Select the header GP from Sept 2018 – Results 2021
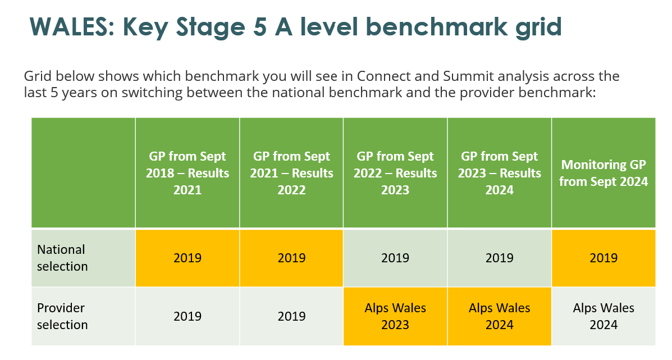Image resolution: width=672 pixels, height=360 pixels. (188, 173)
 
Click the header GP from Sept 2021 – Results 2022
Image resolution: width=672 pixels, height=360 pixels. (291, 173)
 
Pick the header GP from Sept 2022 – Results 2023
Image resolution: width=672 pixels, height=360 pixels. (395, 173)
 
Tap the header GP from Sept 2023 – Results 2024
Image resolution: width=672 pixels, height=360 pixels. (499, 173)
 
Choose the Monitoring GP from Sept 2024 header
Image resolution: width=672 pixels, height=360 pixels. (604, 173)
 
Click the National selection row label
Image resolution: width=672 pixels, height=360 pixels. (62, 258)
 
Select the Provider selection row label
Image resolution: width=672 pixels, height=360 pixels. (62, 316)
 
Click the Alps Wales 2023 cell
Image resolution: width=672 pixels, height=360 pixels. (395, 316)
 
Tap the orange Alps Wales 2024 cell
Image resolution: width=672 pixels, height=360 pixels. (499, 316)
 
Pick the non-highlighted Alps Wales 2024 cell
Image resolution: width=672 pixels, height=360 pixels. (604, 316)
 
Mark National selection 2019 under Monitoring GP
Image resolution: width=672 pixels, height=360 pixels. (604, 258)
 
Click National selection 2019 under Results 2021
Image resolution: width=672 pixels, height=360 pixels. (188, 258)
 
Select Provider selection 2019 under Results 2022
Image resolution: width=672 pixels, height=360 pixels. (291, 316)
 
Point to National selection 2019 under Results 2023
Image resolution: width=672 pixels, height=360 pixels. (395, 258)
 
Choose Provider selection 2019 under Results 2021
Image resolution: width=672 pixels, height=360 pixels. (188, 316)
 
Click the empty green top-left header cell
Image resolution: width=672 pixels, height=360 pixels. (83, 173)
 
